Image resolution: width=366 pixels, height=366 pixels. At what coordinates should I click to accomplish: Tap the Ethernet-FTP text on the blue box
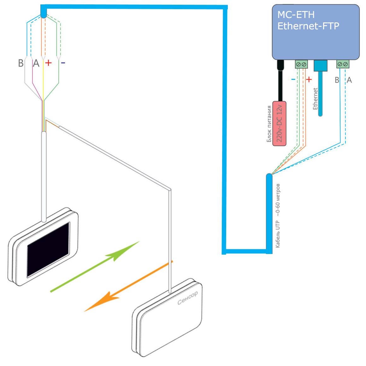click(308, 26)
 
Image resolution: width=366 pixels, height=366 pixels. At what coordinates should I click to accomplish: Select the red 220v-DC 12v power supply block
click(279, 123)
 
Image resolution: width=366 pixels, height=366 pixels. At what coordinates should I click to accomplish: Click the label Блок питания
click(269, 124)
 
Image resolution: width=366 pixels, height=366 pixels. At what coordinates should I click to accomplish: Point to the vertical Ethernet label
click(315, 99)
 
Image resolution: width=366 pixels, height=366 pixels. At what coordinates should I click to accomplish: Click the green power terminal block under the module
click(301, 64)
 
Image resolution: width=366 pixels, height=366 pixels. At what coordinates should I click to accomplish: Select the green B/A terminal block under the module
click(343, 64)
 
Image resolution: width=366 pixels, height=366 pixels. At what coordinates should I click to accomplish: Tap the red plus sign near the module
click(309, 79)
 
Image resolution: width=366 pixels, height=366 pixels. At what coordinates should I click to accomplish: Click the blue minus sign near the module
click(293, 79)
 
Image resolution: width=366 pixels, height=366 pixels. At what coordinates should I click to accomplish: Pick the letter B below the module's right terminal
click(337, 80)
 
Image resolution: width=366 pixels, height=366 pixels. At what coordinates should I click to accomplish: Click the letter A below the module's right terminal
click(349, 80)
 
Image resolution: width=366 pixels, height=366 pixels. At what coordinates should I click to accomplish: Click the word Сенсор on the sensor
click(187, 298)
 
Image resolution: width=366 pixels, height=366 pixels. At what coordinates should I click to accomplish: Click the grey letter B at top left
click(21, 63)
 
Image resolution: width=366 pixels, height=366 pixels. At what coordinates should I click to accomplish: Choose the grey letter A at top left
click(36, 63)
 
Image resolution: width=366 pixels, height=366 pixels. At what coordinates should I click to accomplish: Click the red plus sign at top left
click(48, 63)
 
